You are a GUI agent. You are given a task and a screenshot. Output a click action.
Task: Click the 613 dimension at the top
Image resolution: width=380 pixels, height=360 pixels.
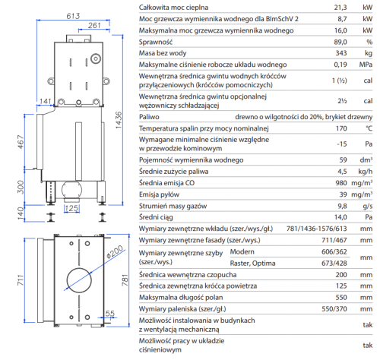tap(73, 16)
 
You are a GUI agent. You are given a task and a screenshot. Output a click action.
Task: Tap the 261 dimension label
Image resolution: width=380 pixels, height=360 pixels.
tap(94, 25)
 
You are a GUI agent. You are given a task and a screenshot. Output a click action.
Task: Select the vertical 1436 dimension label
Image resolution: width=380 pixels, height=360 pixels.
tap(119, 120)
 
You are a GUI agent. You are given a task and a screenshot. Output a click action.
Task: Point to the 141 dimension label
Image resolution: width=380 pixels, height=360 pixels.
tap(46, 101)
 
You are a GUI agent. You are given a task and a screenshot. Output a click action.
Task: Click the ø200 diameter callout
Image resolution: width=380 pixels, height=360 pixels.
tap(115, 252)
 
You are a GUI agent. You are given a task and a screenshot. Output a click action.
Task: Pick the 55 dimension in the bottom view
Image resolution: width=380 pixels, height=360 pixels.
tap(110, 314)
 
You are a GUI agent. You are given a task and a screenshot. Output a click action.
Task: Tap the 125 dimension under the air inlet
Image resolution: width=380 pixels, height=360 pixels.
tap(71, 208)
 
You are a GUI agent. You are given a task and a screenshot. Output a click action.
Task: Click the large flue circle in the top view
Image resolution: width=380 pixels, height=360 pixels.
tap(79, 280)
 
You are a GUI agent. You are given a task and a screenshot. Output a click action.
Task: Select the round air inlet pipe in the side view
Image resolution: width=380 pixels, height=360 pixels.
tap(71, 191)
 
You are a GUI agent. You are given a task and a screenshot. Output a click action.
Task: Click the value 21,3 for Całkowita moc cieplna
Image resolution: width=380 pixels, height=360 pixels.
tap(340, 8)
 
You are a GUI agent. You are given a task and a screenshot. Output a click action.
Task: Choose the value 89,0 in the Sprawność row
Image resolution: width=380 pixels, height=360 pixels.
tap(340, 42)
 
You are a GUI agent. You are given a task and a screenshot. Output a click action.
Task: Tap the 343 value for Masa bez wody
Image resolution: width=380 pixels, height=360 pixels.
tap(341, 53)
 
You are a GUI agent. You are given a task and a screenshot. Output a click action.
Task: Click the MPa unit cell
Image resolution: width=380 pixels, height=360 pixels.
tap(366, 65)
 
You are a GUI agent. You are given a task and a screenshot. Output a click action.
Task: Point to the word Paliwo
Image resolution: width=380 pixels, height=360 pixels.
tap(149, 117)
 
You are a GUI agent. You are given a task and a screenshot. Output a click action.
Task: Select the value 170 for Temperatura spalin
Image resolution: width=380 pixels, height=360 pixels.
tap(341, 128)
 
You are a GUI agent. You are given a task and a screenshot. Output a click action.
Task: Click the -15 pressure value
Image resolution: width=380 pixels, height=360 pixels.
tap(342, 144)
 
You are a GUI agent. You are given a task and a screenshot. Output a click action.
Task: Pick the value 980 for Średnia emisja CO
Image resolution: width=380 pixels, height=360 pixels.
tap(341, 183)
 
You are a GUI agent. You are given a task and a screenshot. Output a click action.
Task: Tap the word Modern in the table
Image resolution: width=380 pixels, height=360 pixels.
tap(242, 251)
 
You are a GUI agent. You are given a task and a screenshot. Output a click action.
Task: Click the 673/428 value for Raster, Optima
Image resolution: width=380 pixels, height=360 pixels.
tap(334, 264)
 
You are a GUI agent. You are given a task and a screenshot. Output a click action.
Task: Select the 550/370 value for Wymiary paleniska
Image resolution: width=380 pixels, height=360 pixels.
tap(334, 309)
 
